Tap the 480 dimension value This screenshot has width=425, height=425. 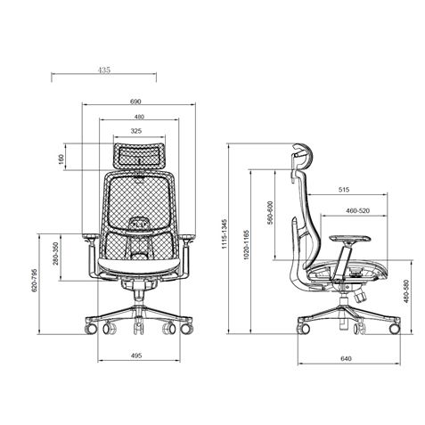[138, 117]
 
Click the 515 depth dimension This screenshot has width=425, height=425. [343, 190]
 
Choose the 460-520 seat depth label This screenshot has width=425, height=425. [358, 211]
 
